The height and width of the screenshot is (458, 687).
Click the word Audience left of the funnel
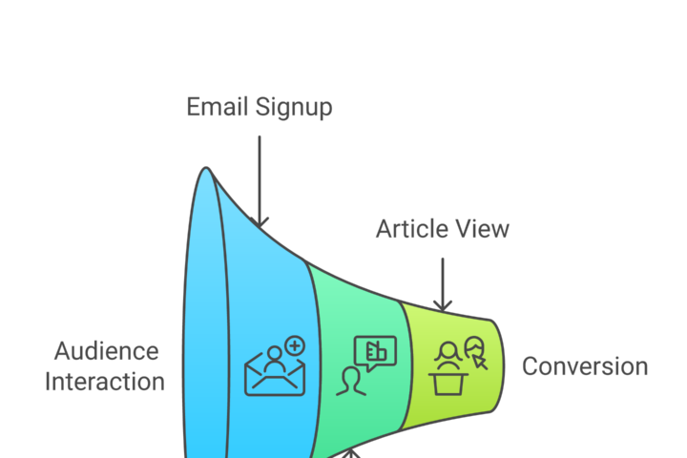point(106,350)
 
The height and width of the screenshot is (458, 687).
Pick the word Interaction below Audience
point(105,382)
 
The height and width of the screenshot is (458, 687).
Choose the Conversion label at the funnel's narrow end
point(584,366)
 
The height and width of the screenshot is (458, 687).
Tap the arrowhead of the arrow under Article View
point(442,304)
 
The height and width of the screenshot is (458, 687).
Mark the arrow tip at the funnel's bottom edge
point(352,453)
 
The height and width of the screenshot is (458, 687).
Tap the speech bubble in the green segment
point(374,351)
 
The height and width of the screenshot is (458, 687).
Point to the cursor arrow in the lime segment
point(479,363)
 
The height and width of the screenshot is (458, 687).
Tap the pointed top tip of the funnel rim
point(205,170)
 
